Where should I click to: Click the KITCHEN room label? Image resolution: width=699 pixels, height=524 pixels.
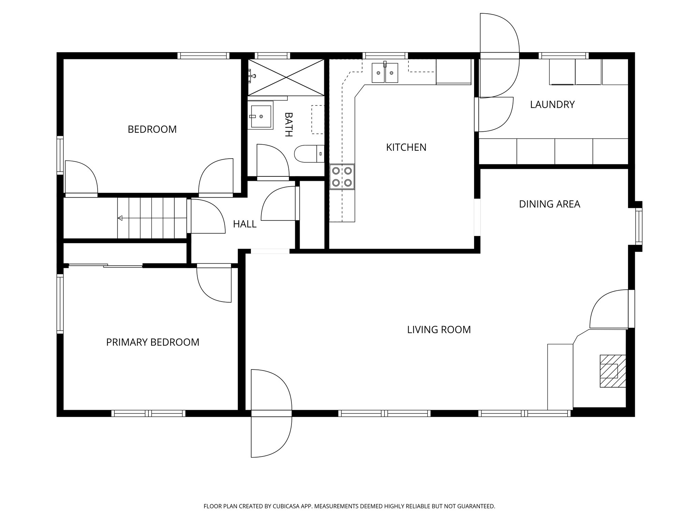[406, 147]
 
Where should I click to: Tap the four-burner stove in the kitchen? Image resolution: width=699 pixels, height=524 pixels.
[342, 177]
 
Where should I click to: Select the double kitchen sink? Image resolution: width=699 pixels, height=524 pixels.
[385, 73]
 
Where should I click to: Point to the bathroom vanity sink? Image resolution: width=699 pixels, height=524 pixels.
[260, 116]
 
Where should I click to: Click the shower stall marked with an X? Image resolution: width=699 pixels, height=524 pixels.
[286, 77]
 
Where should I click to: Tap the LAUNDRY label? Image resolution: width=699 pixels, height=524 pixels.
[552, 104]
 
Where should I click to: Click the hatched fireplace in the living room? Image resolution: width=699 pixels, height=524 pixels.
[613, 371]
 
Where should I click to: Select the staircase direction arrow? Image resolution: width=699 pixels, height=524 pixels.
[120, 218]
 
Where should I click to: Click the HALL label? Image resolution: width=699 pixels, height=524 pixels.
[244, 224]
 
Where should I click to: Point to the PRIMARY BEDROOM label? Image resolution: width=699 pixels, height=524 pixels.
[153, 342]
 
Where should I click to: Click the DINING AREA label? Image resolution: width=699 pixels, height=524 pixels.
[549, 204]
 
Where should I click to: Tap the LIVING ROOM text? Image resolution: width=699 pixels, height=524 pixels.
[439, 330]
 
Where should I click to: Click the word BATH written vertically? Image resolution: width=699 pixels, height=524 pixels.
[288, 125]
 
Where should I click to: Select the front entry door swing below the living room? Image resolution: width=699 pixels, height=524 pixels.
[271, 437]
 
